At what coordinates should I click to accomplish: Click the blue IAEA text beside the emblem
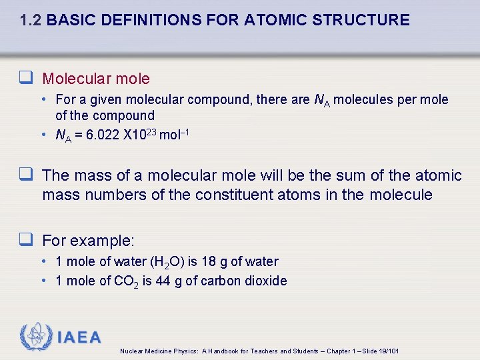pos(79,337)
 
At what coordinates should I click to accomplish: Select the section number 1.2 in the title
pos(31,20)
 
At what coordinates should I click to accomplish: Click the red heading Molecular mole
pos(96,79)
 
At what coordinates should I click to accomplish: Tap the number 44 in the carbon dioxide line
pos(163,281)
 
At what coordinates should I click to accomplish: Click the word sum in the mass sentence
pos(351,175)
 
